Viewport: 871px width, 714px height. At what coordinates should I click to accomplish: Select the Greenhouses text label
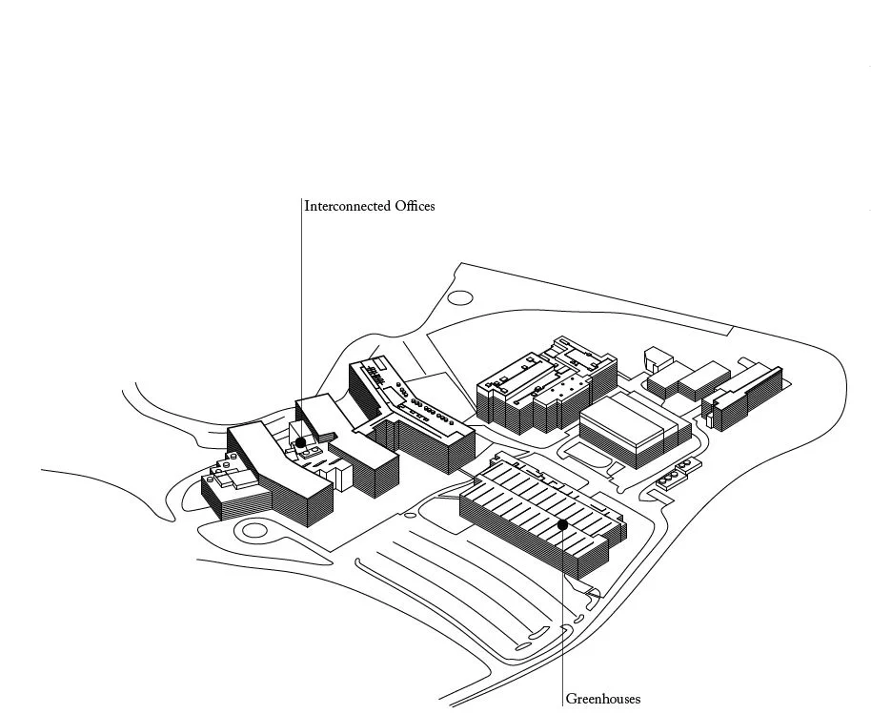pyautogui.click(x=603, y=699)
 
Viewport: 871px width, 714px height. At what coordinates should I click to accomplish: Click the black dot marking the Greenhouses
pyautogui.click(x=563, y=523)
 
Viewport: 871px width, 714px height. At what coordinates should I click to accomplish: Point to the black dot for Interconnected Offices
pyautogui.click(x=301, y=442)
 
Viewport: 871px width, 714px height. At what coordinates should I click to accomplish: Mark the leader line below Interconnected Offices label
pyautogui.click(x=301, y=315)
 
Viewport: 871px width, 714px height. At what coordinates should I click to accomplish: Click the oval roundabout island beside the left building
pyautogui.click(x=253, y=530)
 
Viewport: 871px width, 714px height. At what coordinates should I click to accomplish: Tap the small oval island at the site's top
pyautogui.click(x=460, y=297)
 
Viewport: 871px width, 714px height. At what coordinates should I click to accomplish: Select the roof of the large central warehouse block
pyautogui.click(x=625, y=420)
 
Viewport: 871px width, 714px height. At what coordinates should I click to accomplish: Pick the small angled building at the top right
pyautogui.click(x=658, y=359)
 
